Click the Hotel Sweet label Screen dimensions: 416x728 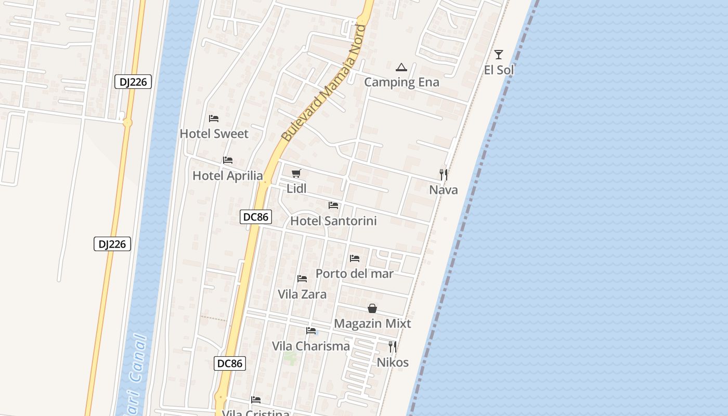coord(214,134)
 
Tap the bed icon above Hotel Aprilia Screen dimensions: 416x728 coord(227,160)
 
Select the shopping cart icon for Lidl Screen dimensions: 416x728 coord(296,173)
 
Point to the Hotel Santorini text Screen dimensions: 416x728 coord(333,221)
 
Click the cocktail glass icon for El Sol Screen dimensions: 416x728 coord(499,54)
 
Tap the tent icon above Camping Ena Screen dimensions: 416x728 coord(401,67)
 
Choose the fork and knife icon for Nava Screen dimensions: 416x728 coord(444,174)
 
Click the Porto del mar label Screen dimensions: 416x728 coord(354,274)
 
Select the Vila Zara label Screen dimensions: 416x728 coord(302,294)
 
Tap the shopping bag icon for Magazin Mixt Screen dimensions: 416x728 coord(372,308)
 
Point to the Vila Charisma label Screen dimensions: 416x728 coord(310,346)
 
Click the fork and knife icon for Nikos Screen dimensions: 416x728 coord(393,347)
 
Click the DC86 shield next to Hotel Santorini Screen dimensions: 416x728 coord(256,217)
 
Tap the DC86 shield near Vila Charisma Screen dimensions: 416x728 coord(230,363)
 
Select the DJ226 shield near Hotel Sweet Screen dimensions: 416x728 coord(133,82)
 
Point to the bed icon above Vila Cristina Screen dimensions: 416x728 coord(256,400)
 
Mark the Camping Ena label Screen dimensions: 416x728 coord(401,82)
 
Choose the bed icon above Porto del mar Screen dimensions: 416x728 coord(355,258)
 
